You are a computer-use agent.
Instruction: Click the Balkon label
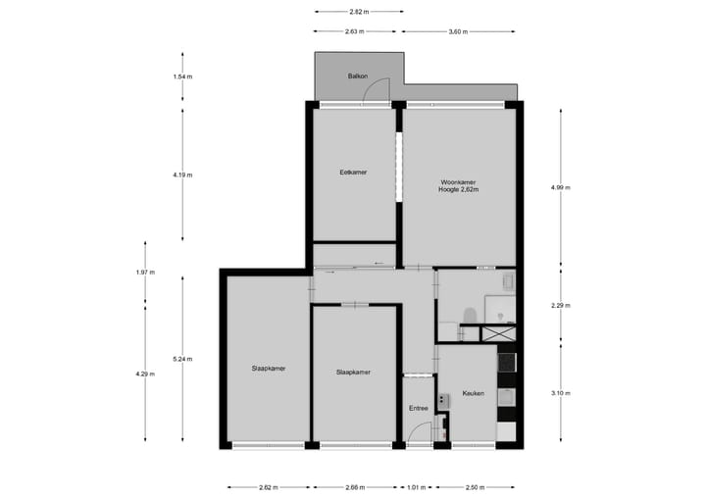tap(357, 76)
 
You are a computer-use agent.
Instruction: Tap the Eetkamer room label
tap(353, 173)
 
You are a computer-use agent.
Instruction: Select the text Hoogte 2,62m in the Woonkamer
tap(459, 189)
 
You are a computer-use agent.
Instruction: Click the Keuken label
tap(474, 393)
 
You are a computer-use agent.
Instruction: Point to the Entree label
tap(418, 409)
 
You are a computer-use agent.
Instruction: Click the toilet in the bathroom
tap(469, 314)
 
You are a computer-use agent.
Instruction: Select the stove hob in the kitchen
tap(506, 363)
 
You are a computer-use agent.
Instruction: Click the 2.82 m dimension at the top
tap(359, 12)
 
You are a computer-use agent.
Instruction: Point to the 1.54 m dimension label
tap(182, 76)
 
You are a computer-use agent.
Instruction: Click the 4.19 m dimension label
tap(182, 175)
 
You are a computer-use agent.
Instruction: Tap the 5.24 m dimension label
tap(182, 359)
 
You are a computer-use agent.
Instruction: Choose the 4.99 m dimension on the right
tap(560, 187)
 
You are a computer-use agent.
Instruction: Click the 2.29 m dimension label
tap(560, 305)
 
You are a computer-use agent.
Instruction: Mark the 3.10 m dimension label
tap(560, 392)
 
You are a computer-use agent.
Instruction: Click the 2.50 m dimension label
tap(474, 486)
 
